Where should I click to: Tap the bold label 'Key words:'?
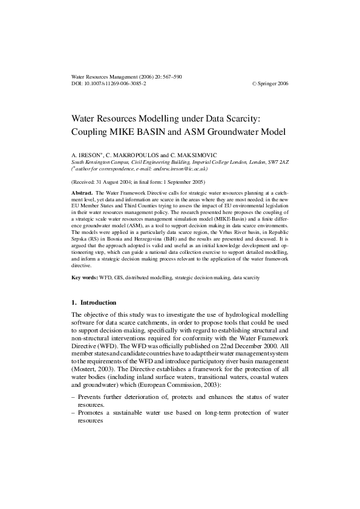85,277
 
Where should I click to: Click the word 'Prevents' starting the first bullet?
93,378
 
